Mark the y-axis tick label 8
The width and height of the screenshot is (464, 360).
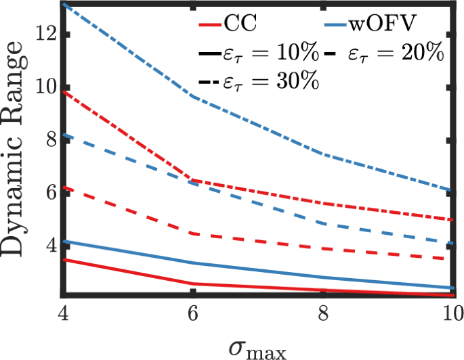point(49,139)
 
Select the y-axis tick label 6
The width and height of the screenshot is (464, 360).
point(49,192)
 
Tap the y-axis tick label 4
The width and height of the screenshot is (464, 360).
point(49,245)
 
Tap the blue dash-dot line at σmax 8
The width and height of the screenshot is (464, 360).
point(324,154)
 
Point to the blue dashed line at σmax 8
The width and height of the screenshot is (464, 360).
point(324,223)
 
